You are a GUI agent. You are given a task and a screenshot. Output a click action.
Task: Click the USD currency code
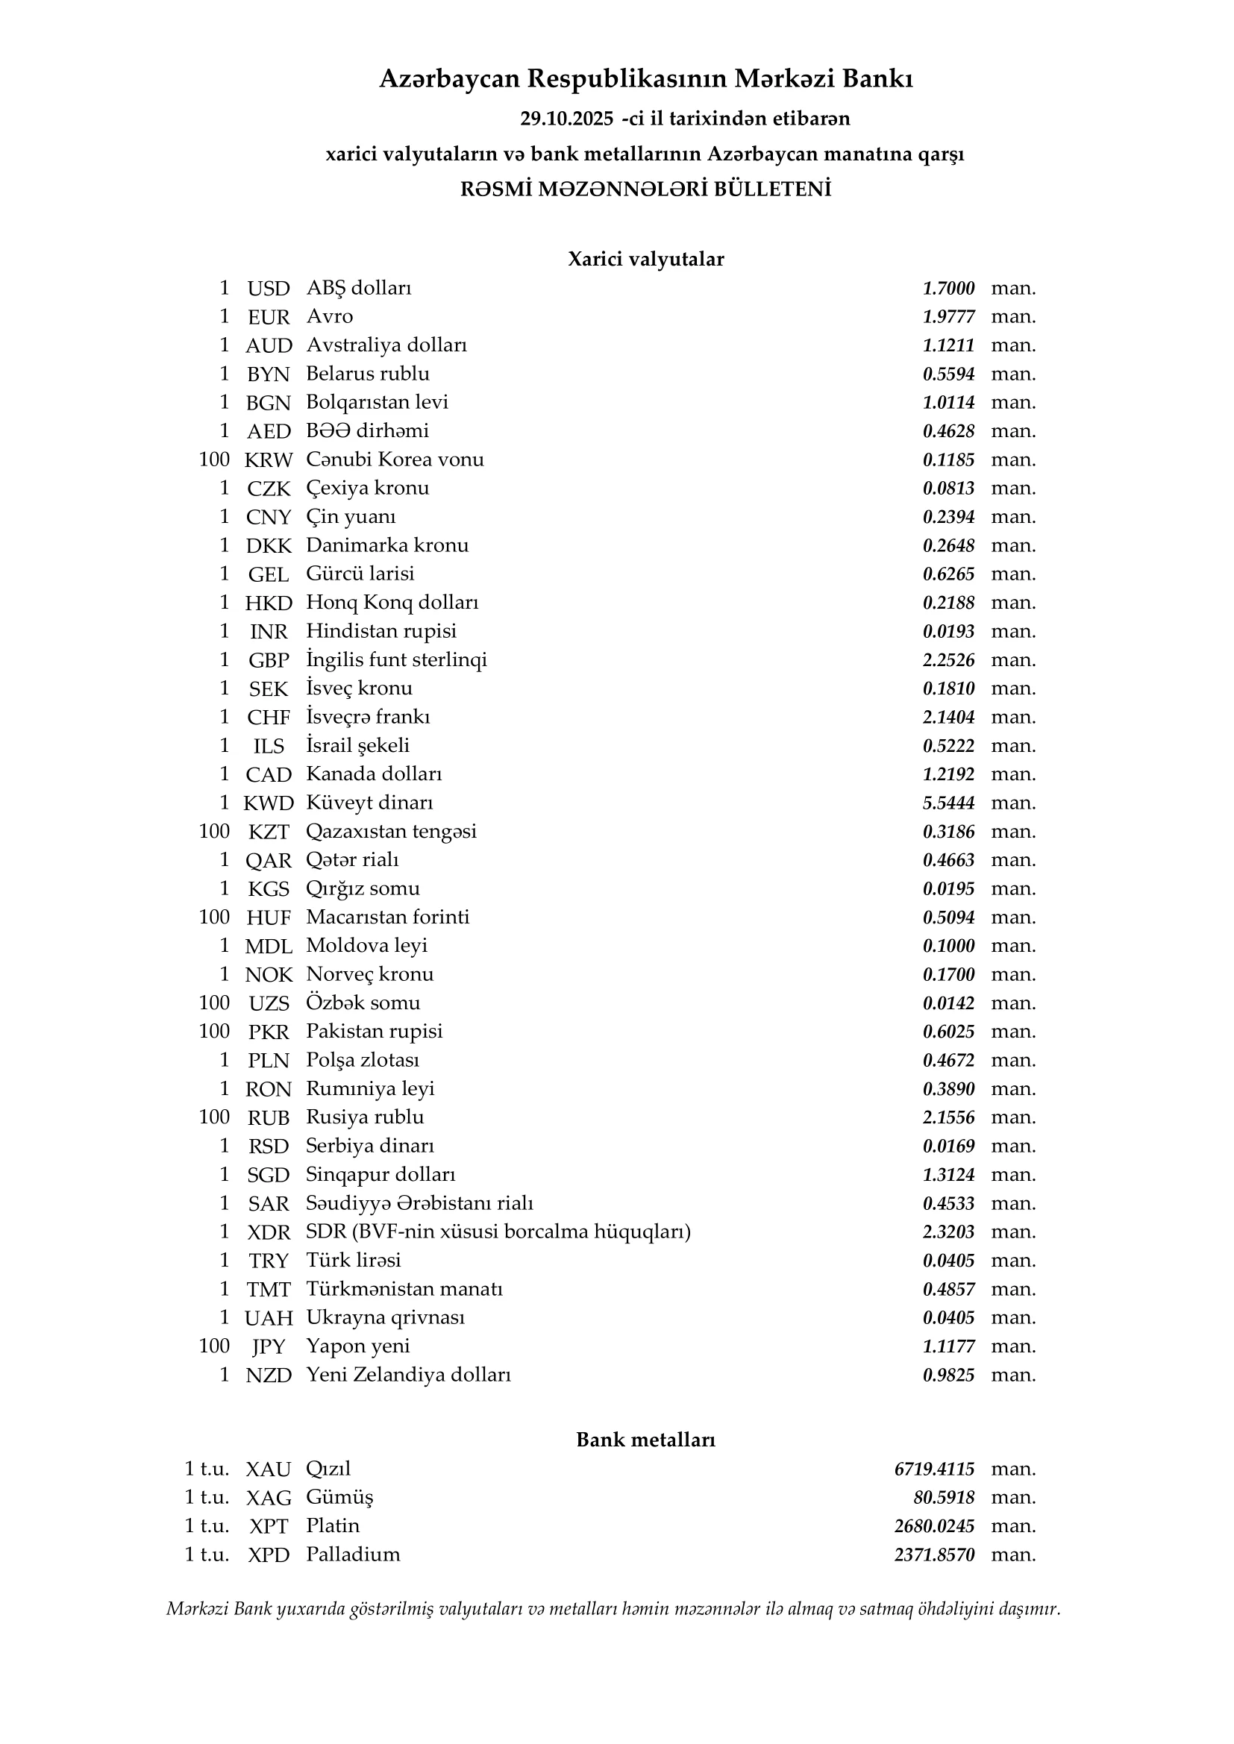[x=269, y=289]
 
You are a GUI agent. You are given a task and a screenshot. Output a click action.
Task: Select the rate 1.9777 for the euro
[x=948, y=317]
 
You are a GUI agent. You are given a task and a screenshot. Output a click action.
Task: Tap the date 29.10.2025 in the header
[x=566, y=119]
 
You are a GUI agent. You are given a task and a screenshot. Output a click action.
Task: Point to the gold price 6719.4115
[x=934, y=1469]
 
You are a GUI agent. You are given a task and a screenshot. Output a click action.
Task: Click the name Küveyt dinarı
[x=369, y=803]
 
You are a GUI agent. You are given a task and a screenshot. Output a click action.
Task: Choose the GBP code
[x=269, y=660]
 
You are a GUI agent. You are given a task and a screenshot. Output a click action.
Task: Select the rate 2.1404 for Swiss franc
[x=948, y=717]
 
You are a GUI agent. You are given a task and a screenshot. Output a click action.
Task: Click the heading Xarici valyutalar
[x=646, y=259]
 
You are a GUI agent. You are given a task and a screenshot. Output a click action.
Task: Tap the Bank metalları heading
[x=646, y=1440]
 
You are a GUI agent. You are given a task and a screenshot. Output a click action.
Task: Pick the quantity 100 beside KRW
[x=214, y=459]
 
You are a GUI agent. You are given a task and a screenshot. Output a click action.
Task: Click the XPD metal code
[x=269, y=1555]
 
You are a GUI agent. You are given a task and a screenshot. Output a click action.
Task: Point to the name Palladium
[x=353, y=1554]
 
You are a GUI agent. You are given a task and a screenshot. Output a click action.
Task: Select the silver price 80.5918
[x=944, y=1497]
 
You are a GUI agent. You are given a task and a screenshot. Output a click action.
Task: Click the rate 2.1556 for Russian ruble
[x=948, y=1117]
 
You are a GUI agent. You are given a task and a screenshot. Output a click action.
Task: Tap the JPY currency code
[x=269, y=1346]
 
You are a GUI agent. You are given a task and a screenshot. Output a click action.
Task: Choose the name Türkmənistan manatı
[x=404, y=1289]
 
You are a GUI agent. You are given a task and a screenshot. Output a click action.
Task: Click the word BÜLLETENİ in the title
[x=772, y=189]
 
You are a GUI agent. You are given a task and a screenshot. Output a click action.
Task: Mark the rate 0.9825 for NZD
[x=948, y=1375]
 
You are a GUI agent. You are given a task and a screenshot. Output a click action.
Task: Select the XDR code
[x=269, y=1232]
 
